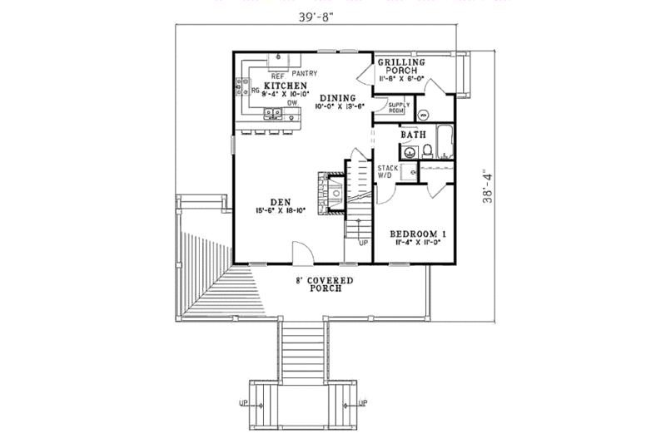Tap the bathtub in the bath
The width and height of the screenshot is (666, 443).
pos(447,143)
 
